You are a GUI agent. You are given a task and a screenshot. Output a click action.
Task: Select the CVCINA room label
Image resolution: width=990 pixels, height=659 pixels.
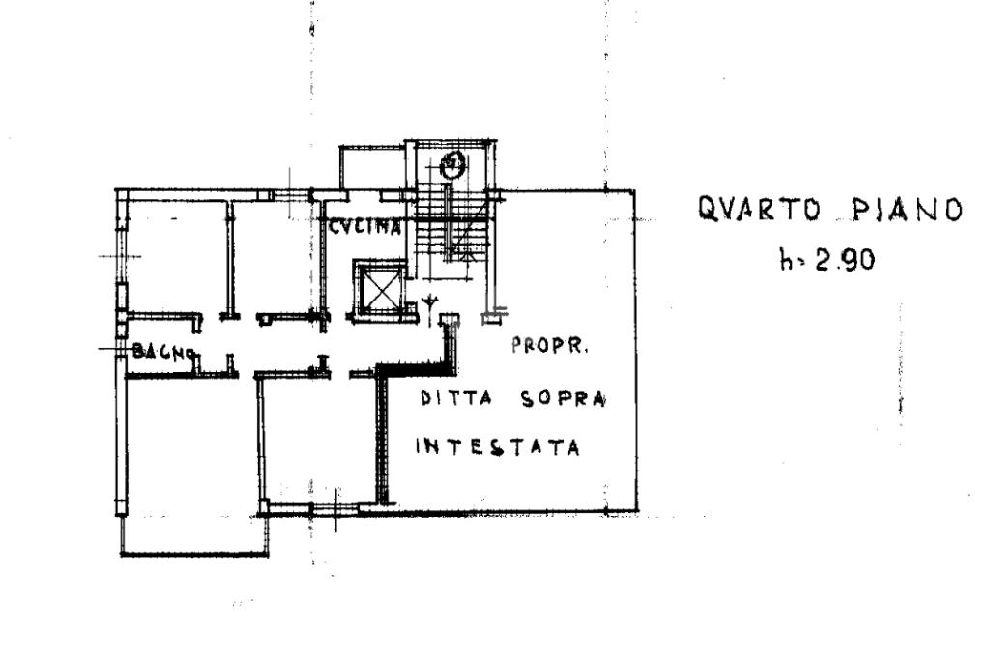click(x=365, y=228)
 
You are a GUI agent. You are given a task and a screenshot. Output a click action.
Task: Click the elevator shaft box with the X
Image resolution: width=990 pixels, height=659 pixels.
click(x=376, y=287)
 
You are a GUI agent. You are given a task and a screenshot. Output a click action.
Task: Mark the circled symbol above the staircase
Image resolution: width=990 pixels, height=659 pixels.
click(x=451, y=166)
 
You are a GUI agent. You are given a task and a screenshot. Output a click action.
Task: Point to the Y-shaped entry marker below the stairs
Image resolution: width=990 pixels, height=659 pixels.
click(x=428, y=304)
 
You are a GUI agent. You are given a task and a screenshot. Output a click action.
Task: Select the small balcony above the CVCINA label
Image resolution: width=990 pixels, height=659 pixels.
click(x=371, y=169)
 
